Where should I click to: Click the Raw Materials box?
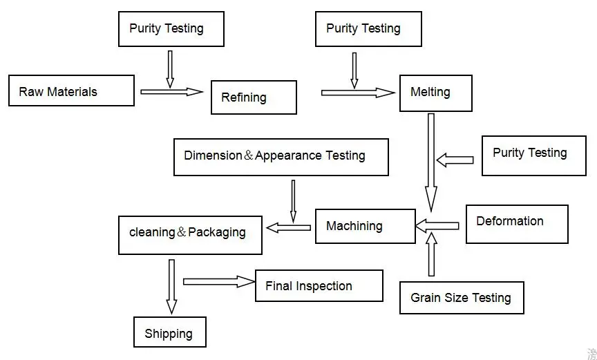point(71,91)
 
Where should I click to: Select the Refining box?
point(254,97)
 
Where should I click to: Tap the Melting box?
point(435,93)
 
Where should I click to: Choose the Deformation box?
point(517,224)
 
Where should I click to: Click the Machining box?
point(365,226)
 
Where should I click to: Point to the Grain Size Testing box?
point(462,298)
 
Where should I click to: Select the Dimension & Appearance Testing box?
point(281,157)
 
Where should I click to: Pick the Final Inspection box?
point(319,285)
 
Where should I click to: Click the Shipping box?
point(169,332)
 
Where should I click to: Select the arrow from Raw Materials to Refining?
point(172,91)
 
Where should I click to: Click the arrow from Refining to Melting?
point(358,92)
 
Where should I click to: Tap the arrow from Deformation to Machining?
point(437,225)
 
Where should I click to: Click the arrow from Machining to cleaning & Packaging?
point(289,227)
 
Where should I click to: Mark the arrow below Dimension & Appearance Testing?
point(293,200)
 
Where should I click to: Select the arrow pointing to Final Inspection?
point(219,281)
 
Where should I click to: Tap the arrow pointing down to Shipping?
point(171,286)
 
